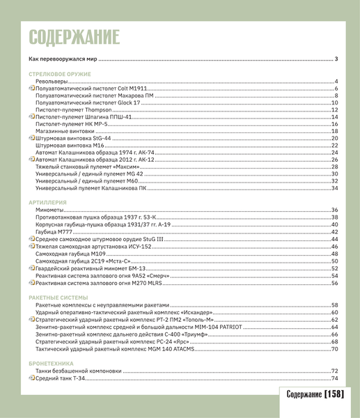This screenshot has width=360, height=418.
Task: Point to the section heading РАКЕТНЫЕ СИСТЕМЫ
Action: click(58, 297)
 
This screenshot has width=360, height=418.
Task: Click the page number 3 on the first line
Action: click(336, 60)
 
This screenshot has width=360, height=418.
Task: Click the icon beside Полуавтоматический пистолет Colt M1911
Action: click(31, 89)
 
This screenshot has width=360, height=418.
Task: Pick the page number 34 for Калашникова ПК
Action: click(334, 188)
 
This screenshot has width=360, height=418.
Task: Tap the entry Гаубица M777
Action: click(54, 231)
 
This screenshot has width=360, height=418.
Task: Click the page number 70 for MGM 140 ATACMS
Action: click(334, 348)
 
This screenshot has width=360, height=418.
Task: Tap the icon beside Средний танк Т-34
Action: click(31, 378)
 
